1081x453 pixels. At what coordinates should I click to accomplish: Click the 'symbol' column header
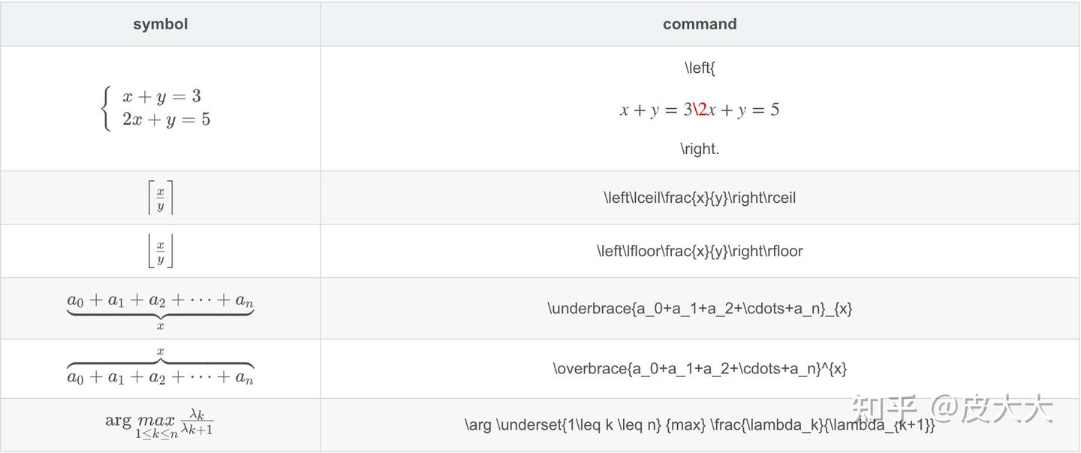coord(160,24)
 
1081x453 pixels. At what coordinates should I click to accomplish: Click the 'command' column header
coord(700,24)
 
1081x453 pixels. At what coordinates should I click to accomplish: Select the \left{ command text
coord(700,68)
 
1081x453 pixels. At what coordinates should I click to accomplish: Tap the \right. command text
coord(700,149)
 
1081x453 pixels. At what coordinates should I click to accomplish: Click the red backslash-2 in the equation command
coord(700,110)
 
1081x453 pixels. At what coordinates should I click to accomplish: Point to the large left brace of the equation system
coord(106,108)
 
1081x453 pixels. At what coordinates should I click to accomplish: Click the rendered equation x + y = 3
coord(161,96)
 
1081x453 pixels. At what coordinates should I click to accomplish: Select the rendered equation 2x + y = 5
coord(166,119)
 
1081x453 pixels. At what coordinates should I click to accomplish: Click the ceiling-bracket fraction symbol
coord(161,198)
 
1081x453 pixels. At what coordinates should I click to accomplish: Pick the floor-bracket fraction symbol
coord(161,251)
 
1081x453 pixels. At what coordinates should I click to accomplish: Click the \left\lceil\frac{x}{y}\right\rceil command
coord(700,198)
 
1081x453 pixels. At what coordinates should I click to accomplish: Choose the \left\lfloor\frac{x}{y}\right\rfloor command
coord(700,251)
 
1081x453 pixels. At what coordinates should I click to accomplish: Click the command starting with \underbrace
coord(700,308)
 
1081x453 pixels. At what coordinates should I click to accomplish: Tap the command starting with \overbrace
coord(700,368)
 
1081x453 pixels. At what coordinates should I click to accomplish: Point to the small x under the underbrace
coord(161,326)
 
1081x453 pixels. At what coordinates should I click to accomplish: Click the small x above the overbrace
coord(161,351)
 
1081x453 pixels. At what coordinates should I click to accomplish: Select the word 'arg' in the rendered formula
coord(118,420)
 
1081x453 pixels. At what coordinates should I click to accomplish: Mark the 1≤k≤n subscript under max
coord(156,433)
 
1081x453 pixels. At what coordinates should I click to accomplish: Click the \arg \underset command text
coord(700,425)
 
